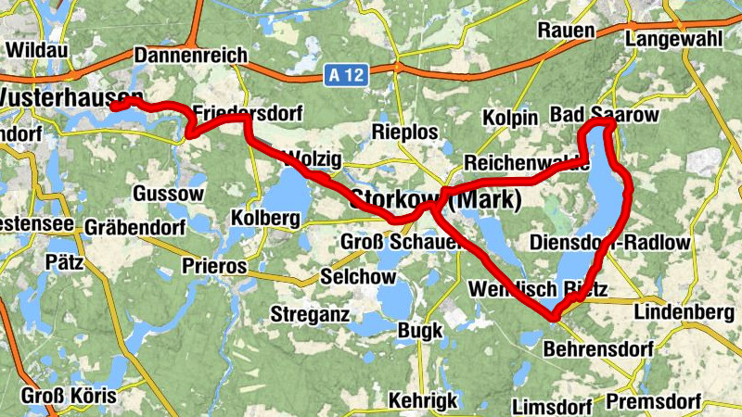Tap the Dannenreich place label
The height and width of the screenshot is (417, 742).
(x=191, y=56)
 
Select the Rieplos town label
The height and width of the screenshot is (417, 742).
(x=404, y=132)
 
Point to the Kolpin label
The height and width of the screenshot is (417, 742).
(x=510, y=119)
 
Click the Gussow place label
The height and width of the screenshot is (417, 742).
(x=168, y=194)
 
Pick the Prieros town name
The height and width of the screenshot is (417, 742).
(x=214, y=266)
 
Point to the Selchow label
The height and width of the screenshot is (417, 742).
(x=357, y=276)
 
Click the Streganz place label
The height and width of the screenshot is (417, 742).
(x=310, y=314)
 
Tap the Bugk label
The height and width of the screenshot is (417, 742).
(x=420, y=330)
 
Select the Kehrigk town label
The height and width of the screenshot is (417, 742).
(x=424, y=400)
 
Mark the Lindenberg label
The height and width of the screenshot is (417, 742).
(x=684, y=312)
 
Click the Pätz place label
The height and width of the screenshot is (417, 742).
(x=64, y=262)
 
